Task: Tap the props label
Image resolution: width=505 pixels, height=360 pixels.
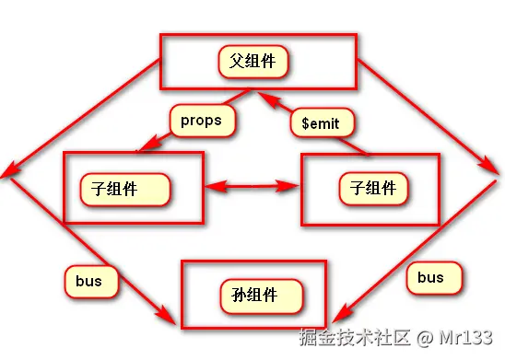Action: pyautogui.click(x=201, y=120)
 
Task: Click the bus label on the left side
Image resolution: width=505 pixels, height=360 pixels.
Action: pyautogui.click(x=90, y=281)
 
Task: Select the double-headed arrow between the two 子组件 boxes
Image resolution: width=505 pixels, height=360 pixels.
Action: pyautogui.click(x=252, y=187)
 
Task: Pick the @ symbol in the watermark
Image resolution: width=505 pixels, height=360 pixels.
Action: pyautogui.click(x=423, y=339)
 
